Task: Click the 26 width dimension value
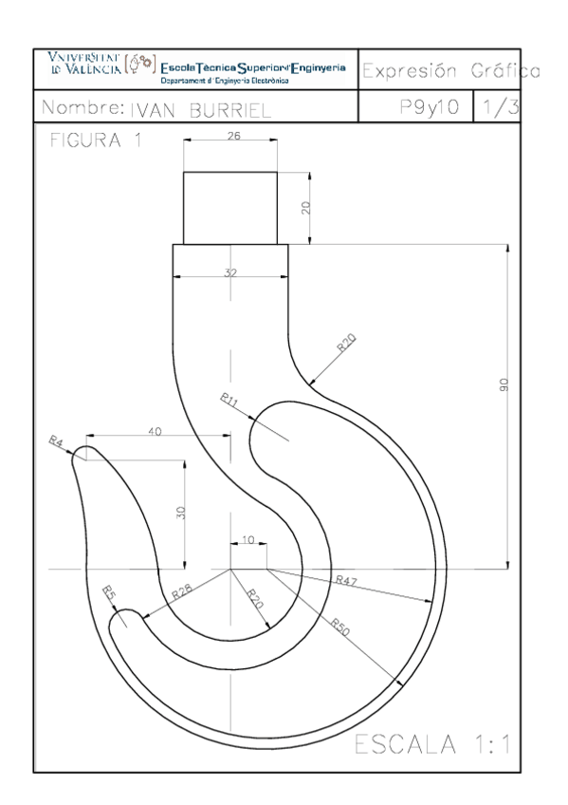click(232, 136)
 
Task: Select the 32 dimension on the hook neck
click(229, 272)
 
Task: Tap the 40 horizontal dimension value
click(156, 431)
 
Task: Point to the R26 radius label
click(182, 592)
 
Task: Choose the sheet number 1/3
click(497, 108)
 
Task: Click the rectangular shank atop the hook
click(229, 207)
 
